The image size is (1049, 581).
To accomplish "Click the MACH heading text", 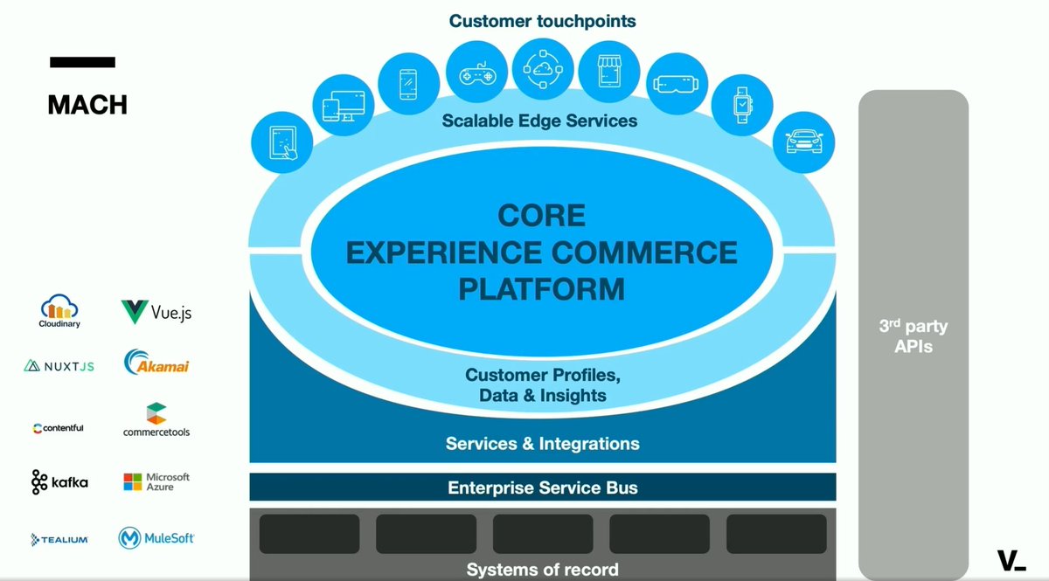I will click(87, 105).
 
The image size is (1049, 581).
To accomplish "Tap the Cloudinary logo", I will click(60, 311).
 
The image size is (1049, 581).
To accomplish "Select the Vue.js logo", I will click(156, 312).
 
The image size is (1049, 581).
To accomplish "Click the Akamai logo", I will click(156, 363).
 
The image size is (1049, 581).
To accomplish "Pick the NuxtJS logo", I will click(59, 366).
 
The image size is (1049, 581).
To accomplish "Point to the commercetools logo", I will click(156, 420).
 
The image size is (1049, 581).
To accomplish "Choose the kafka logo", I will click(59, 481).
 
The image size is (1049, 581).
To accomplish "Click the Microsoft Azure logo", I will click(156, 481).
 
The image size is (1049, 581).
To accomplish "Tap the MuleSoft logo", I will click(156, 538).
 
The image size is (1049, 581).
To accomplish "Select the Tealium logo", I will click(59, 539).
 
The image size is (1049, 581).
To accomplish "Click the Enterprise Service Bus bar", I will click(542, 488).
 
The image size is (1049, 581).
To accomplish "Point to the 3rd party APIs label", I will click(913, 336).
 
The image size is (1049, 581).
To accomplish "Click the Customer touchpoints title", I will click(542, 20).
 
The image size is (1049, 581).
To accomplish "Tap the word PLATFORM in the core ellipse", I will click(542, 288).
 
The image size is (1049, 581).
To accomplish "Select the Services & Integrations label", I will click(542, 444).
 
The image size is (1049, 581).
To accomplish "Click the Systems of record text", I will click(542, 570).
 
